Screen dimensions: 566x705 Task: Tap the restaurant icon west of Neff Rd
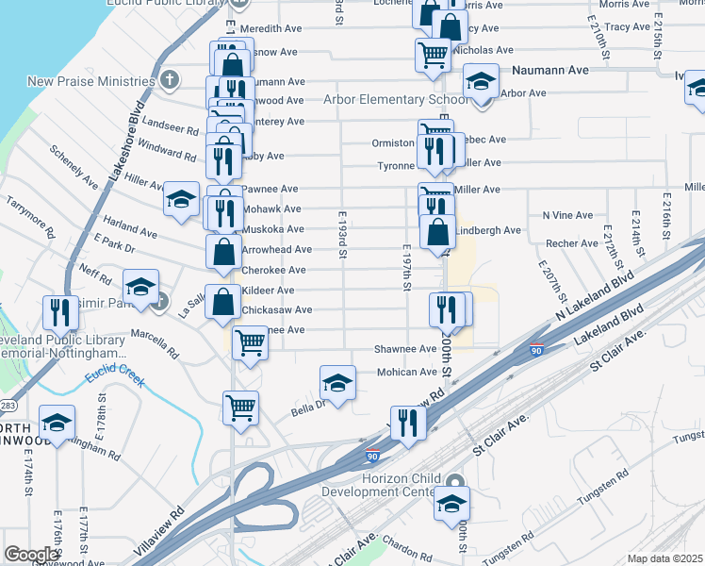(59, 312)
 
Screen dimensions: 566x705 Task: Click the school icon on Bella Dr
(337, 383)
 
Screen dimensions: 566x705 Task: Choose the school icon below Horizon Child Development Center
(451, 504)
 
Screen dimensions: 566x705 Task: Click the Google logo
(31, 554)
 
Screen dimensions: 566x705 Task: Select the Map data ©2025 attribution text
(665, 558)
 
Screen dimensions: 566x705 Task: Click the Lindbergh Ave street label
(488, 230)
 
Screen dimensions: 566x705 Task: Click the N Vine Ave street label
(566, 215)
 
